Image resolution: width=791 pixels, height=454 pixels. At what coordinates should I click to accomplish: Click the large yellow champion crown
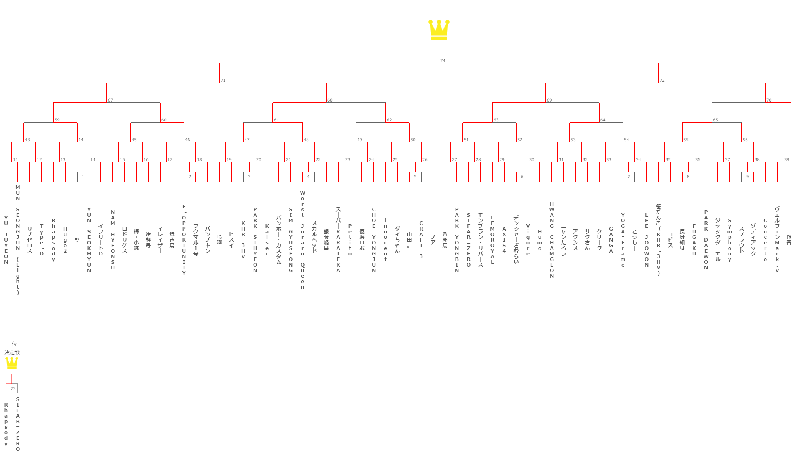pyautogui.click(x=439, y=30)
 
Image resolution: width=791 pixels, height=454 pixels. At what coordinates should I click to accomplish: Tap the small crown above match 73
pyautogui.click(x=12, y=363)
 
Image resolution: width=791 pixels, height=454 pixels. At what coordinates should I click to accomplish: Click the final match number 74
pyautogui.click(x=443, y=61)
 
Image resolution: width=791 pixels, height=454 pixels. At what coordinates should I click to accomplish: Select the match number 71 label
pyautogui.click(x=223, y=80)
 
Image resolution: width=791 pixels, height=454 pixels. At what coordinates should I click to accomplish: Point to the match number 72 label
pyautogui.click(x=662, y=80)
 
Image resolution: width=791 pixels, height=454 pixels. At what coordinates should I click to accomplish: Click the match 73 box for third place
pyautogui.click(x=13, y=388)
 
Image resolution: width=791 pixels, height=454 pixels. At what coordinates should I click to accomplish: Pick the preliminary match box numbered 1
pyautogui.click(x=83, y=177)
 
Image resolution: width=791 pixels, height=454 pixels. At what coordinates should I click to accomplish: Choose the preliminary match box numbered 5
pyautogui.click(x=415, y=177)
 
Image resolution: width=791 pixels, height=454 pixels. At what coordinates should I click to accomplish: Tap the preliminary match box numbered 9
pyautogui.click(x=747, y=177)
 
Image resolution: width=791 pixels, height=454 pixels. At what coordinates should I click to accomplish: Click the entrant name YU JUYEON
pyautogui.click(x=6, y=240)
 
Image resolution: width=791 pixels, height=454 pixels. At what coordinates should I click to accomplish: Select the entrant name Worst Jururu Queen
pyautogui.click(x=303, y=240)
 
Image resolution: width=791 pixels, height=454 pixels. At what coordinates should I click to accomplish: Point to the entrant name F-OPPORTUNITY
pyautogui.click(x=184, y=240)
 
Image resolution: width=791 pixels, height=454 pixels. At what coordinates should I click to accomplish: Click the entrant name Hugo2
pyautogui.click(x=65, y=240)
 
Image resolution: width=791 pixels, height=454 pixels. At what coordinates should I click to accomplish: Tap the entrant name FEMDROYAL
pyautogui.click(x=492, y=240)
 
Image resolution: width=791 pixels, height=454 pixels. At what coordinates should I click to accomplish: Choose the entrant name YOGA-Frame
pyautogui.click(x=623, y=240)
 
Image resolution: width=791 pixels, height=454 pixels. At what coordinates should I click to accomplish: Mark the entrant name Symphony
pyautogui.click(x=730, y=240)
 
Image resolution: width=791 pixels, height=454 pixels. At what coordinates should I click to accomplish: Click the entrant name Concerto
pyautogui.click(x=765, y=240)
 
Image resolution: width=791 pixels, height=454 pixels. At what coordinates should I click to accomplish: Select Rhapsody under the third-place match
pyautogui.click(x=6, y=424)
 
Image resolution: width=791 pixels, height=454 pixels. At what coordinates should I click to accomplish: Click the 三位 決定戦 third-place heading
pyautogui.click(x=12, y=348)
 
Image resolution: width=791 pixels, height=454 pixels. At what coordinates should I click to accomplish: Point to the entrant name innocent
pyautogui.click(x=386, y=240)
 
